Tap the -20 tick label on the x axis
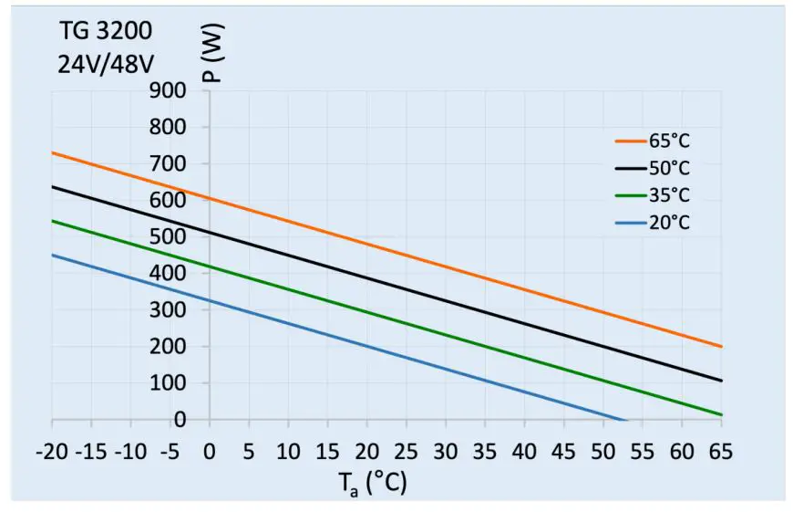pos(53,452)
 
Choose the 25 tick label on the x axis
pos(406,452)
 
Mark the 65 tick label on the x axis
pos(721,452)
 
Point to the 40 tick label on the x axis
pos(524,452)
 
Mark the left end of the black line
pos(53,186)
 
